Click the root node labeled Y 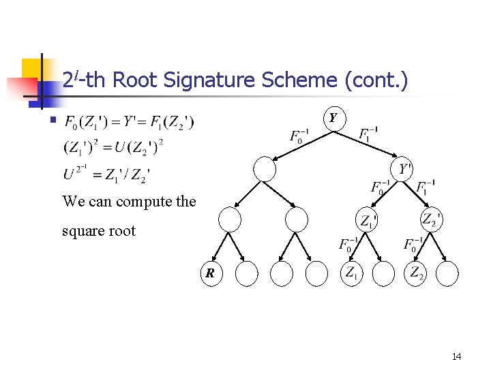pyautogui.click(x=333, y=119)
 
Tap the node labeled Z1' pyautogui.click(x=368, y=219)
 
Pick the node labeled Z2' pyautogui.click(x=430, y=219)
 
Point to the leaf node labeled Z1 pyautogui.click(x=351, y=273)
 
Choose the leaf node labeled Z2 pyautogui.click(x=417, y=273)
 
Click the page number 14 pyautogui.click(x=456, y=356)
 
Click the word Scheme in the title pyautogui.click(x=297, y=80)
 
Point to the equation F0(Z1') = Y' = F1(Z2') pyautogui.click(x=129, y=123)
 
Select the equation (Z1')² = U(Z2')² pyautogui.click(x=113, y=147)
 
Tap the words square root pyautogui.click(x=98, y=231)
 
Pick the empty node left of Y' pyautogui.click(x=264, y=168)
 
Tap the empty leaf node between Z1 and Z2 pyautogui.click(x=384, y=273)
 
